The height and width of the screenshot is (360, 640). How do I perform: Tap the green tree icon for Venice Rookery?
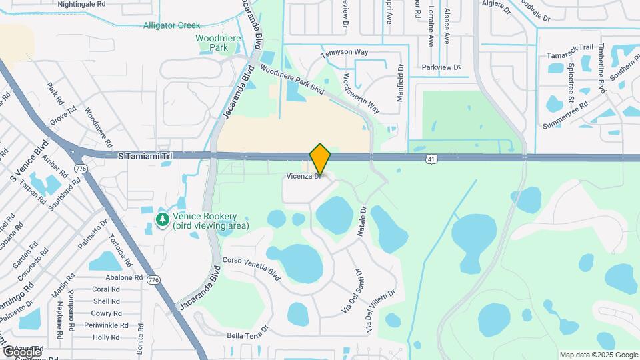coord(162,219)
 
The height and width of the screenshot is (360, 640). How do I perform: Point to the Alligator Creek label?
coord(171,25)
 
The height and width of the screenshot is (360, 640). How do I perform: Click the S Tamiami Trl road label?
coord(145,155)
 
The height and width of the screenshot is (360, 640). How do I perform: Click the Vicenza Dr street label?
coord(305,177)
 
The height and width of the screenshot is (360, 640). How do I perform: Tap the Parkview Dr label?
coord(441,67)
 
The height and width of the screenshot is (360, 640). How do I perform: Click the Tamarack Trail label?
coord(569,47)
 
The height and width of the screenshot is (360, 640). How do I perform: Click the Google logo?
coord(22,351)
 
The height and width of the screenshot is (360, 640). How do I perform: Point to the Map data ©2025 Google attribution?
coord(598,355)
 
